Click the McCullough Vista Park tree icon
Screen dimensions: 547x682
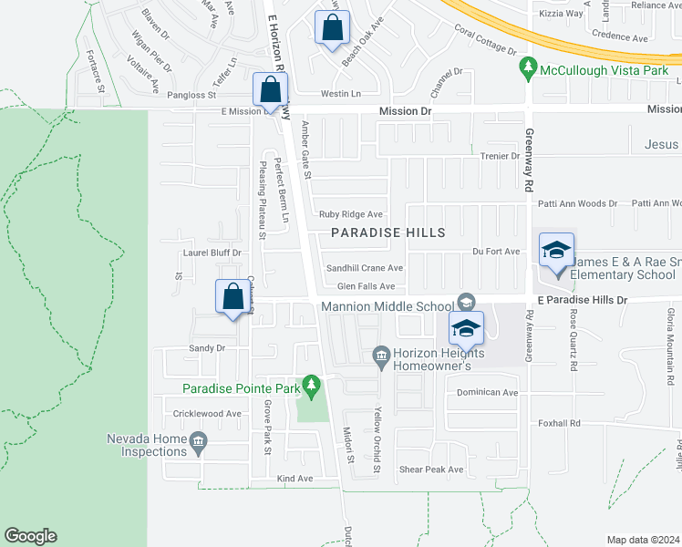tap(527, 68)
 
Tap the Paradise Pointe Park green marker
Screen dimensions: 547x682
tap(311, 387)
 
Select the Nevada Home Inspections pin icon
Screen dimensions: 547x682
tap(198, 444)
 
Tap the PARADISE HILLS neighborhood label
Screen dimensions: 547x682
tap(388, 232)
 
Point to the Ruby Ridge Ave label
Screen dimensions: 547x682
tap(350, 214)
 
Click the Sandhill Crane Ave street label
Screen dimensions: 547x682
tap(365, 268)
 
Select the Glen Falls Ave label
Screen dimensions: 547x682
tap(366, 286)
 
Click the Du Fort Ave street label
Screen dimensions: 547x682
tap(495, 252)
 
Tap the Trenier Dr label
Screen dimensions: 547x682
tap(499, 156)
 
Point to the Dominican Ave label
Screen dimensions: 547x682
tap(487, 393)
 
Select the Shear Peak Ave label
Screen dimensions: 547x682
tap(431, 470)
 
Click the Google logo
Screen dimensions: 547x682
tap(30, 536)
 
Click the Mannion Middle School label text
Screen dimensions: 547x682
tap(387, 305)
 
